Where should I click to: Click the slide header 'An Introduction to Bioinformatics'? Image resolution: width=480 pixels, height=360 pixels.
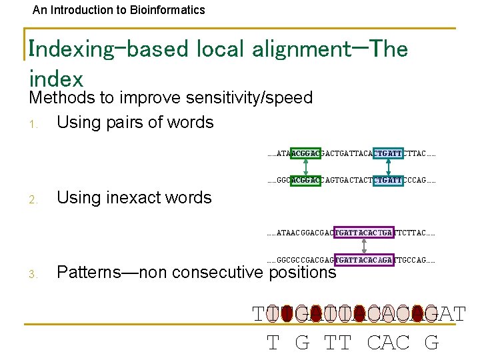coord(119,10)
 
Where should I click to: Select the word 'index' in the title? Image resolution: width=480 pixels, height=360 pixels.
coord(56,79)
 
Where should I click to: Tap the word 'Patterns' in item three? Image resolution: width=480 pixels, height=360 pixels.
coord(93,272)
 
